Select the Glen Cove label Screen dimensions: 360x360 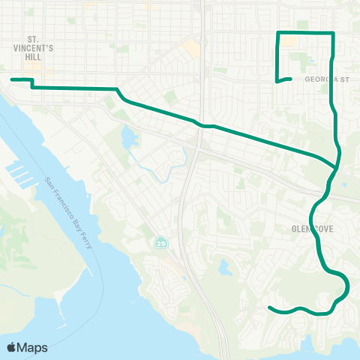point(307,228)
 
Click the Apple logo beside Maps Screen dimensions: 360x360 point(13,347)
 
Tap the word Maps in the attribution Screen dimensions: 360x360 point(34,347)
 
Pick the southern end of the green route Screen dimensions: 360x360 point(269,307)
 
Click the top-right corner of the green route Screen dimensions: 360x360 point(333,34)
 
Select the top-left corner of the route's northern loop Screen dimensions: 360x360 point(279,34)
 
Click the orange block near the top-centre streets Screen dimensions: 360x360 point(193,48)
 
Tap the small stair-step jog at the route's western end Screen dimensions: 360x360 point(31,83)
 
